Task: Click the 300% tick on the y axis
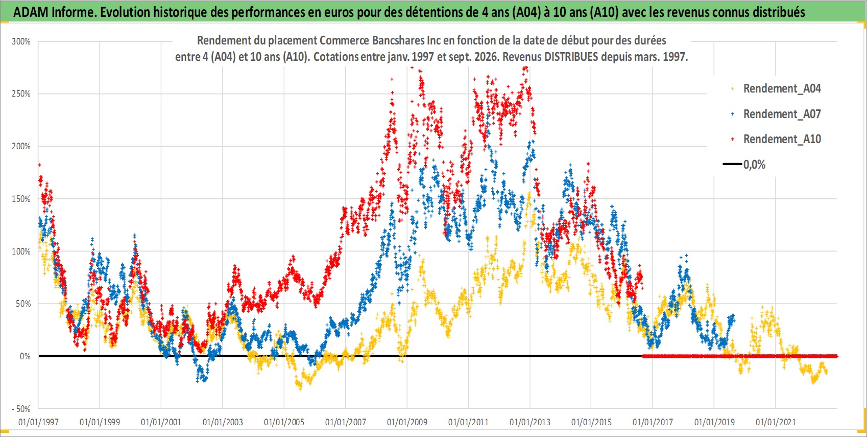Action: coord(21,41)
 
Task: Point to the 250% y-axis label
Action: coord(21,94)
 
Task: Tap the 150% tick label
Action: coord(21,199)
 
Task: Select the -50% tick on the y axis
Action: coord(21,409)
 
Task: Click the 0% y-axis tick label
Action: coord(25,356)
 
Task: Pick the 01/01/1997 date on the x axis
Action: coord(38,422)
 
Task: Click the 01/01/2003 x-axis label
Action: coord(223,422)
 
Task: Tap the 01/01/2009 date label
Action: coord(407,422)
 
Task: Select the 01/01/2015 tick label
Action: coord(591,422)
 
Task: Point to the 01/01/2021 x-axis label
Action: coord(776,422)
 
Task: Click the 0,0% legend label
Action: coord(754,165)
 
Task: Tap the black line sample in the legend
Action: coord(732,164)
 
